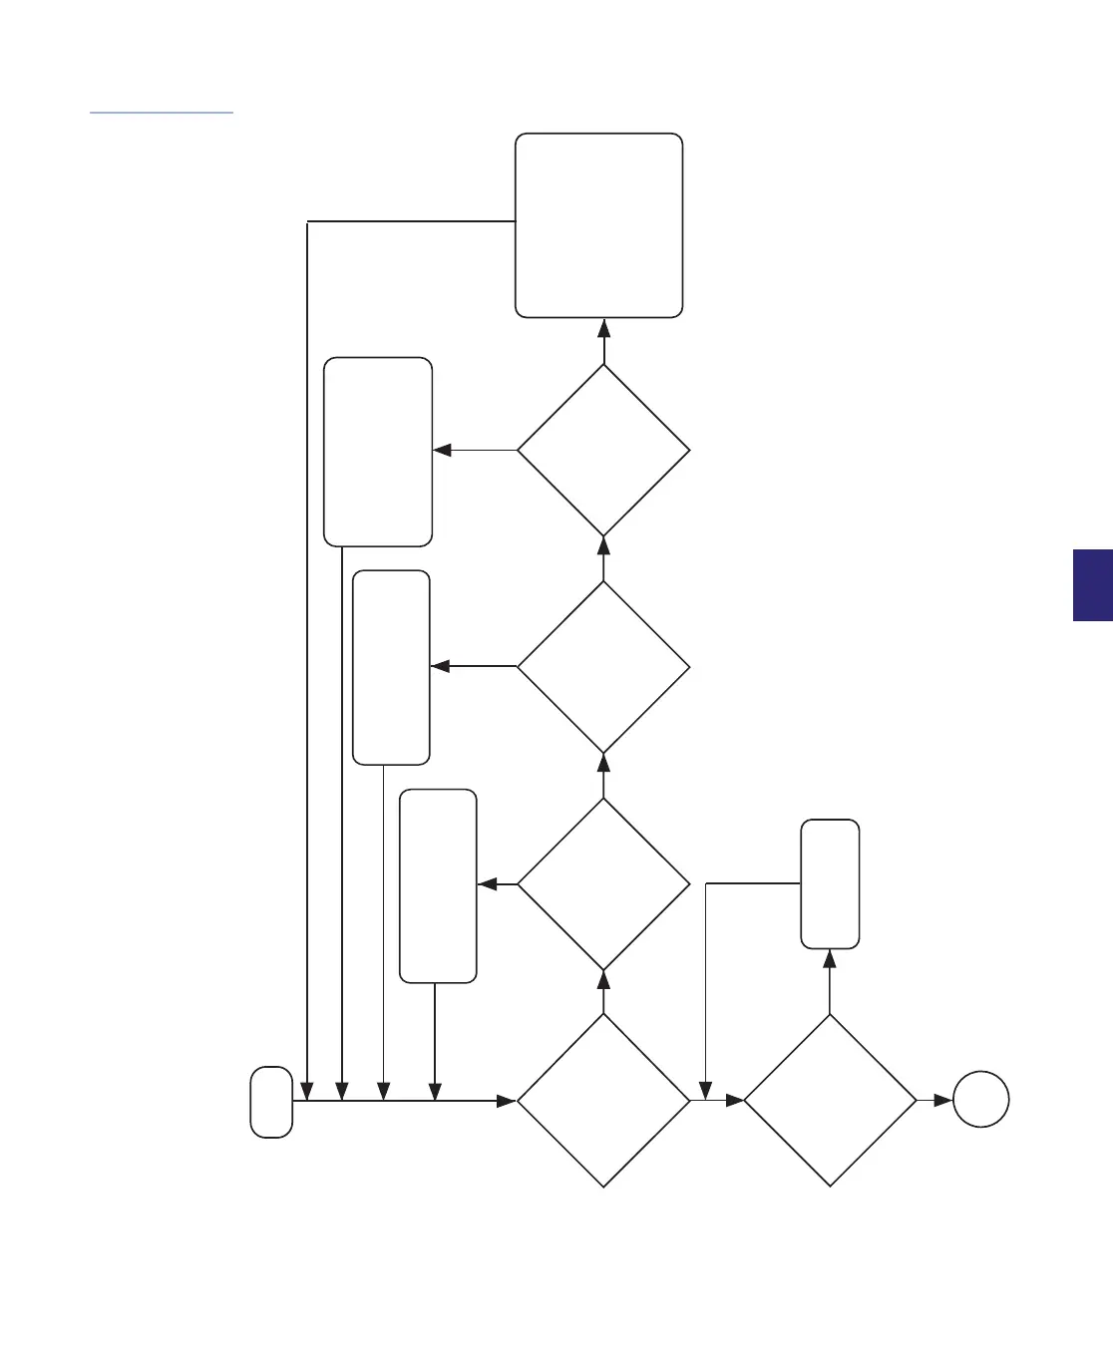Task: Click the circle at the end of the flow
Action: (980, 1100)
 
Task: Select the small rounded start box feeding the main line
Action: (271, 1102)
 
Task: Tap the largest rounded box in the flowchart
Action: (598, 225)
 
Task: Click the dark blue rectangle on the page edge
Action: (1093, 585)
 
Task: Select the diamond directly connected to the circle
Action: (830, 1101)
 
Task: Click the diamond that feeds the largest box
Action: (603, 450)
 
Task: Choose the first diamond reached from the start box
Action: (603, 1101)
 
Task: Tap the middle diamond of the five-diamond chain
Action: (603, 667)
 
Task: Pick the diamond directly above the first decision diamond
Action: (603, 884)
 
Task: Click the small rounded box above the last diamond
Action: (830, 883)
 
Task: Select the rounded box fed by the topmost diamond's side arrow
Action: (378, 452)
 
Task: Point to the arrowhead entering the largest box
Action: (603, 328)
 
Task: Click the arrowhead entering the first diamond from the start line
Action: (506, 1101)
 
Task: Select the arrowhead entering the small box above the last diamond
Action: (830, 959)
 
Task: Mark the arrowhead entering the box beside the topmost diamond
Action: (443, 450)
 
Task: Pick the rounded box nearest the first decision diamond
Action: (438, 886)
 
